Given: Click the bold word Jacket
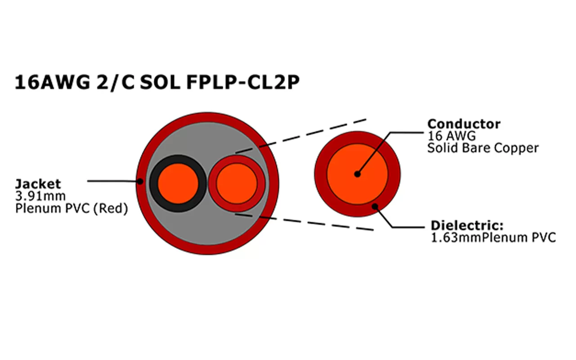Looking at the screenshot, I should click(x=38, y=184).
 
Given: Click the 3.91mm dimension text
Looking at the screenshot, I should click(x=40, y=196).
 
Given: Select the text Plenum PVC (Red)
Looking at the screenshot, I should click(x=71, y=209).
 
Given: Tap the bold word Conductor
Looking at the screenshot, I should click(x=463, y=124).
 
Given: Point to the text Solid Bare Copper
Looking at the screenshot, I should click(x=482, y=148).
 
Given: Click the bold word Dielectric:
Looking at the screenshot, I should click(x=467, y=225).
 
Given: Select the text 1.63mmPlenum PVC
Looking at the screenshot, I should click(x=493, y=238).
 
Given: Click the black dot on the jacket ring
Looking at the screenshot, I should click(x=140, y=181).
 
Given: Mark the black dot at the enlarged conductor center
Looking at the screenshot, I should click(x=357, y=174).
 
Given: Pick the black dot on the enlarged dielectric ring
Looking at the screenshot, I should click(x=375, y=207).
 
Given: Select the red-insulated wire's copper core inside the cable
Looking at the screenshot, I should click(x=236, y=183).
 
